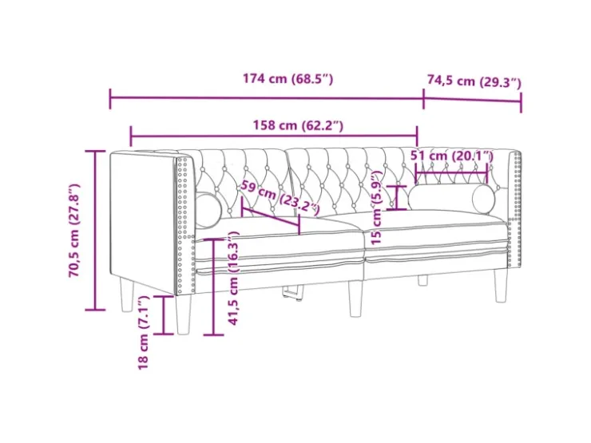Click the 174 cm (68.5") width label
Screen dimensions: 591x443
(288, 79)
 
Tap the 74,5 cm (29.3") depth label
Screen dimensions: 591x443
(474, 81)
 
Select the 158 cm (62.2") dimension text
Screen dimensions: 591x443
(298, 125)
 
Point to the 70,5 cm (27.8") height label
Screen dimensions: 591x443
(74, 231)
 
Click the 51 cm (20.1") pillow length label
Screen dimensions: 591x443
(451, 155)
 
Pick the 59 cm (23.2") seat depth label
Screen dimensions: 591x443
(280, 198)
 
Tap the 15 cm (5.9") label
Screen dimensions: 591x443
(376, 208)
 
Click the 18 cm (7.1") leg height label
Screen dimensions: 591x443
(144, 333)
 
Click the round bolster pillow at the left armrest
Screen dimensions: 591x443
(208, 210)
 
